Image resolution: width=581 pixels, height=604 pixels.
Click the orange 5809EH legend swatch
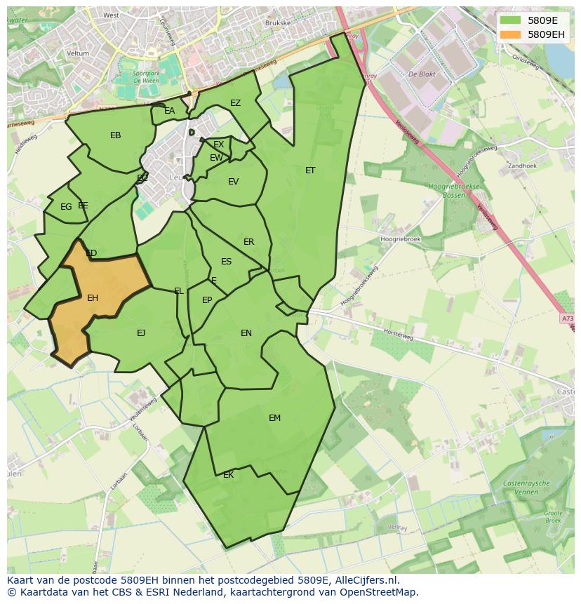pos(510,34)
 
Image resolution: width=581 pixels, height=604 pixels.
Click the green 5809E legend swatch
pos(510,20)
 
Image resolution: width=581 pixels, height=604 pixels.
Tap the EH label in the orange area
pos(93,298)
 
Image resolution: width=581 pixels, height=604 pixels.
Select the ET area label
pos(310,170)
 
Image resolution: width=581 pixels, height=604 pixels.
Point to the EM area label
pos(274,418)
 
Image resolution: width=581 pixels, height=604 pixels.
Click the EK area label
pos(228,475)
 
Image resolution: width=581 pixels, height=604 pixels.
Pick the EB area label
pos(116,135)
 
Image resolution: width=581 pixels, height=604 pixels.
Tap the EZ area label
pos(235,103)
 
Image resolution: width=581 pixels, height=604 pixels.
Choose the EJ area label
pos(141,333)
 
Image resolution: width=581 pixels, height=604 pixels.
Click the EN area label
pos(246,333)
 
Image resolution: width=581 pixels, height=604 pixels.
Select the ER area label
pos(248,242)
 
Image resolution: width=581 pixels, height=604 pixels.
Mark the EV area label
pos(234,182)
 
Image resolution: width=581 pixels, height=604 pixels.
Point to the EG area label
pos(66,207)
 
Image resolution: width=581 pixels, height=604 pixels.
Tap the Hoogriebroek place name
pos(400,239)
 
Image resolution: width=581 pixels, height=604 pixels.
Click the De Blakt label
pos(422,73)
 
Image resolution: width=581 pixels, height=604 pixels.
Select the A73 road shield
pos(568,319)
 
